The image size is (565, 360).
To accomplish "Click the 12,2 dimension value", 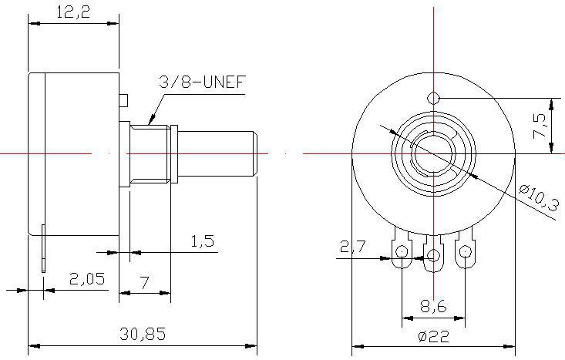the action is [x=73, y=12].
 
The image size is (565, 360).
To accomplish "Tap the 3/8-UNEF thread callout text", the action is [x=202, y=82].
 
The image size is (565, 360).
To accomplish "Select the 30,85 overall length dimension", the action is [x=143, y=334].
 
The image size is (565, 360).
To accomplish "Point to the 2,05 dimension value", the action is [x=87, y=278].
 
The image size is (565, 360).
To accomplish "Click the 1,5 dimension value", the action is [x=203, y=241].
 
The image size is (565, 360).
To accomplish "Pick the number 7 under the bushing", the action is [x=144, y=282].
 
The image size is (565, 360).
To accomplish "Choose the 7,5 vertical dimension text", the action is [x=540, y=126].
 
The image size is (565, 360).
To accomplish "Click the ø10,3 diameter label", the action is [x=539, y=197].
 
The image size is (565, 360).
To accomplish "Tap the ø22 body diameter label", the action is [x=434, y=337].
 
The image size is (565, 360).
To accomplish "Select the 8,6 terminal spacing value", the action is [x=433, y=307].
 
